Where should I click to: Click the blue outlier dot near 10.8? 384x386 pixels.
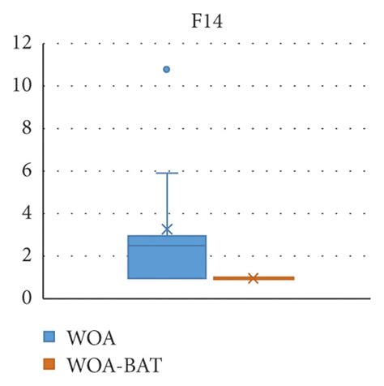pyautogui.click(x=167, y=69)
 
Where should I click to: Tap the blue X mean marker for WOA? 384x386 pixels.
pyautogui.click(x=167, y=229)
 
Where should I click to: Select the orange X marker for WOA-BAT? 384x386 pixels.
pyautogui.click(x=253, y=278)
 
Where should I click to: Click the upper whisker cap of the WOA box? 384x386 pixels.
pyautogui.click(x=167, y=173)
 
